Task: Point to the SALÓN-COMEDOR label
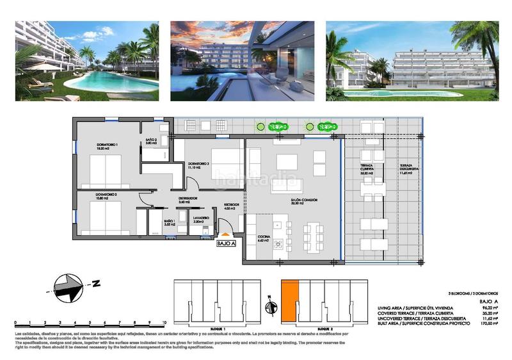[303, 200]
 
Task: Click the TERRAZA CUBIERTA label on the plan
[367, 168]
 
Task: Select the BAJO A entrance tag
[227, 243]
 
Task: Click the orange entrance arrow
[225, 234]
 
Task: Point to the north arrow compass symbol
[72, 287]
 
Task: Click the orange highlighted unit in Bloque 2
[289, 301]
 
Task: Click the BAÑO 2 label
[151, 141]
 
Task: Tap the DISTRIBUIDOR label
[187, 199]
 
